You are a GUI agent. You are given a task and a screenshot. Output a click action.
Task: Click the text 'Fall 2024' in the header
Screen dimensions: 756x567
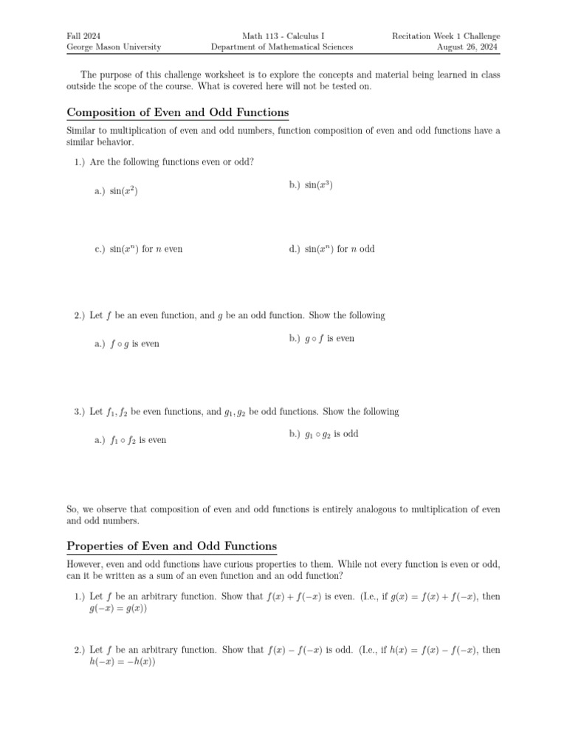[83, 36]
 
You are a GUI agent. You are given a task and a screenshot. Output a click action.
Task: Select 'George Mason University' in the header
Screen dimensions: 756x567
[114, 47]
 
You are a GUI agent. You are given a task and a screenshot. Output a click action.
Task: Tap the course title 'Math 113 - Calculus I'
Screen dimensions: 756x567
[282, 36]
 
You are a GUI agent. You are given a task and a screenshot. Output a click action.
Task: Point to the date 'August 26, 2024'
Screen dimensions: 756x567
[468, 47]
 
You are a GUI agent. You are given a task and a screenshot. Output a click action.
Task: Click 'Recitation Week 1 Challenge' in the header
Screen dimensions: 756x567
[446, 36]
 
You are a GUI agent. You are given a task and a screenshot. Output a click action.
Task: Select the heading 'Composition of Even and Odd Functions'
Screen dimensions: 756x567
[177, 112]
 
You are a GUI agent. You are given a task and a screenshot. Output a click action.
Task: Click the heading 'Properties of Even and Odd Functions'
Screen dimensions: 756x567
[171, 546]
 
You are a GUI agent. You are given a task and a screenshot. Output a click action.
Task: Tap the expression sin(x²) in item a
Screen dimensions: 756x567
[124, 191]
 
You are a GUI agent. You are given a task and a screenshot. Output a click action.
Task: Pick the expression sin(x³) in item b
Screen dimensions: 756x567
[319, 185]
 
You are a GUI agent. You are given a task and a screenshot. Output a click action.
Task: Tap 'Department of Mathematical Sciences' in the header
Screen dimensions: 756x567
[282, 47]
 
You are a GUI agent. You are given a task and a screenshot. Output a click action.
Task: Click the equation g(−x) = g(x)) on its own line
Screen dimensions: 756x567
[118, 608]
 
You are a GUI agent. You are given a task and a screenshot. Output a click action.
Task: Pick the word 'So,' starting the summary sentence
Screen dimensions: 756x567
[72, 509]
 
